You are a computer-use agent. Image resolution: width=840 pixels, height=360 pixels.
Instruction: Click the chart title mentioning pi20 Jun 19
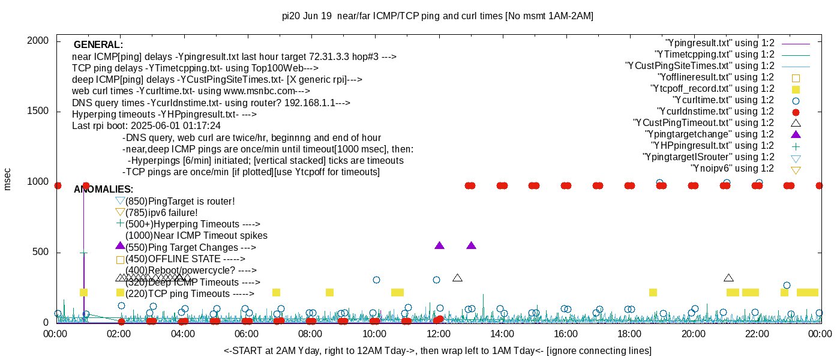pyautogui.click(x=437, y=16)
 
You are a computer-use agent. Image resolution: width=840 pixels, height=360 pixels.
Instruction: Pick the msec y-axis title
pyautogui.click(x=8, y=179)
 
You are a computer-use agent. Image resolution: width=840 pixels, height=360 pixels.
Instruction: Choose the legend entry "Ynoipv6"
pyautogui.click(x=732, y=169)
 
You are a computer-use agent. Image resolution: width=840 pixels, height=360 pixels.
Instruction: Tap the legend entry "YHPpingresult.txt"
pyautogui.click(x=712, y=146)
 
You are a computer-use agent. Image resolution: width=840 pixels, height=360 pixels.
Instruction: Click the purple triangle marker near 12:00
pyautogui.click(x=439, y=245)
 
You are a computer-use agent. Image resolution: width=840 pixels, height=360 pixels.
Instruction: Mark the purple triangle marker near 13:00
pyautogui.click(x=471, y=245)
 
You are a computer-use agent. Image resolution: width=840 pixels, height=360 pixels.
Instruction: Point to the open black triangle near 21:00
pyautogui.click(x=728, y=278)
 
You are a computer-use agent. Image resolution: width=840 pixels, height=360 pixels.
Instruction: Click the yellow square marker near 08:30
pyautogui.click(x=329, y=293)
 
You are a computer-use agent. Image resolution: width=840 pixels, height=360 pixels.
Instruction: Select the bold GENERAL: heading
pyautogui.click(x=98, y=45)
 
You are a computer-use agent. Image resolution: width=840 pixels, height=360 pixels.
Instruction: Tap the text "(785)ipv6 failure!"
pyautogui.click(x=161, y=213)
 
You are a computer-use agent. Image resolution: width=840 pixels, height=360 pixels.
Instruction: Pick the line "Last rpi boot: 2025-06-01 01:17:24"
pyautogui.click(x=146, y=126)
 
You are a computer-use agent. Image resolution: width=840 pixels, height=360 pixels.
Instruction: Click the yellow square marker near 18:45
pyautogui.click(x=653, y=293)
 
